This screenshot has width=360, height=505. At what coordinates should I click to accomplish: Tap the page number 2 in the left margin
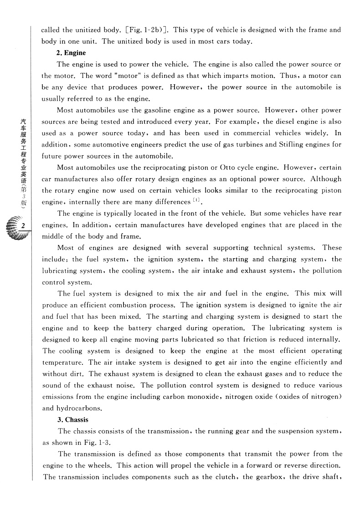pyautogui.click(x=22, y=226)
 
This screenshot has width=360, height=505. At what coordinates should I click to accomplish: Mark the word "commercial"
pyautogui.click(x=249, y=133)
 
